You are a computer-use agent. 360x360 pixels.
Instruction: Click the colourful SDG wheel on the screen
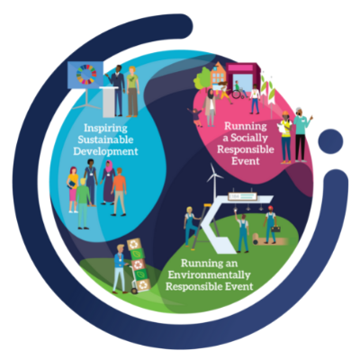click(x=86, y=74)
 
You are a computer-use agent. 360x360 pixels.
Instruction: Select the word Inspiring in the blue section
click(x=105, y=129)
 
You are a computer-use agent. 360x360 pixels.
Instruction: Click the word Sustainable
click(x=105, y=139)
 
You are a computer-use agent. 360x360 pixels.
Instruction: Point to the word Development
click(x=105, y=151)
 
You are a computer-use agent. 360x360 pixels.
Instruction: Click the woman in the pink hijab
click(x=108, y=182)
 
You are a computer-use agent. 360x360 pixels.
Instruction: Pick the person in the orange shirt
click(x=119, y=192)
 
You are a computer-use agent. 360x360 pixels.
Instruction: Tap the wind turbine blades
click(x=214, y=175)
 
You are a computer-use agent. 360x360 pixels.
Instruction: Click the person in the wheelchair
click(x=239, y=90)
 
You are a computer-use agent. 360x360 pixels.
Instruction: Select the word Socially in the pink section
click(x=248, y=138)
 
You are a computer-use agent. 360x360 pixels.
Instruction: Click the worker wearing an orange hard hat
click(x=286, y=138)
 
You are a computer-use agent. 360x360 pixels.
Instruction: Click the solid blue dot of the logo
click(x=330, y=141)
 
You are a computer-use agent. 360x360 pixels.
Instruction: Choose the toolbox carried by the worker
click(x=275, y=229)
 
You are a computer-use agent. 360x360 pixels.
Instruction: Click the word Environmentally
click(x=209, y=274)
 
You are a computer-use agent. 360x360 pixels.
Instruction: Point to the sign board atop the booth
click(x=242, y=196)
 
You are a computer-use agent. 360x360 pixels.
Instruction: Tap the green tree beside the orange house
click(x=202, y=78)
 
